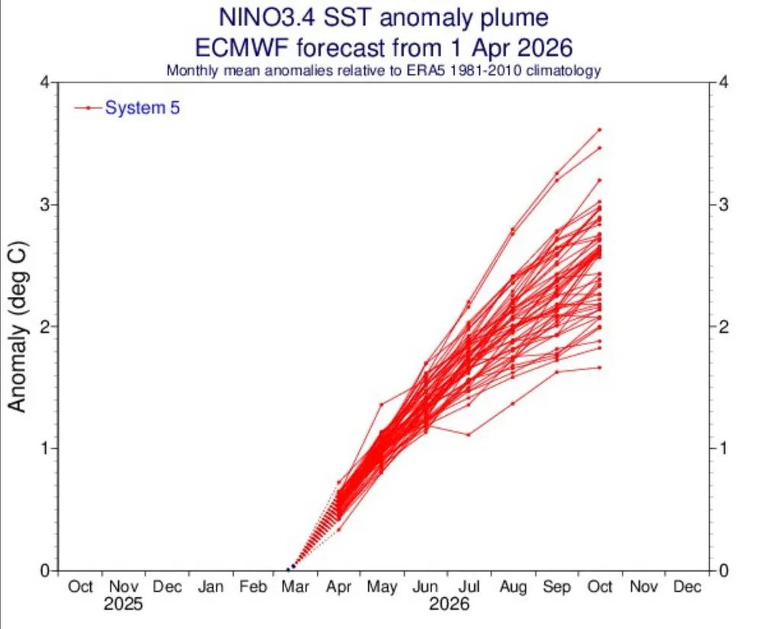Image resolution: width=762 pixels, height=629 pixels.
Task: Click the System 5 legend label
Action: pyautogui.click(x=142, y=108)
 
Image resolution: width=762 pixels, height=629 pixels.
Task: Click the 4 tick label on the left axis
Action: pyautogui.click(x=45, y=82)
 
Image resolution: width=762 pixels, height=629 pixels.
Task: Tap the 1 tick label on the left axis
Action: pyautogui.click(x=45, y=449)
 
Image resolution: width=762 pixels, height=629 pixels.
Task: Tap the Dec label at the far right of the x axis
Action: pyautogui.click(x=687, y=587)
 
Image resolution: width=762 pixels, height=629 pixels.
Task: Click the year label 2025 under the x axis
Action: pyautogui.click(x=123, y=606)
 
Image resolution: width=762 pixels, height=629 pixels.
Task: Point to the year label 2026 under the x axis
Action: pyautogui.click(x=447, y=606)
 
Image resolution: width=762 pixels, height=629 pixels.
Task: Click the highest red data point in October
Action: pyautogui.click(x=600, y=129)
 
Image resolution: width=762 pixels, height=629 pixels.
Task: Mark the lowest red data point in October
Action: pyautogui.click(x=600, y=367)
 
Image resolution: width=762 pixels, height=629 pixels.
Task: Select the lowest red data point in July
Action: pyautogui.click(x=469, y=435)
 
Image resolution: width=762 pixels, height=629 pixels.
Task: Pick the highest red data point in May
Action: pyautogui.click(x=382, y=404)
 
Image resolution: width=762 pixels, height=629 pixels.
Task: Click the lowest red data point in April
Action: pyautogui.click(x=339, y=529)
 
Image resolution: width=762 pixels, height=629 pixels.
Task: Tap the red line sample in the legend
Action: pyautogui.click(x=88, y=108)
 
